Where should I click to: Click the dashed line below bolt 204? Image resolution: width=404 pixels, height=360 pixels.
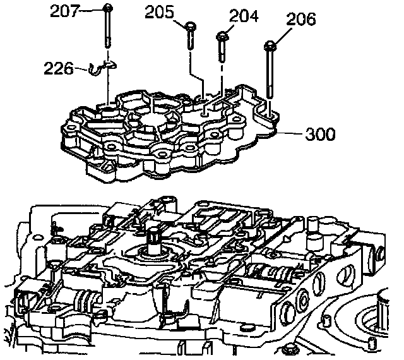pos(222,73)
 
